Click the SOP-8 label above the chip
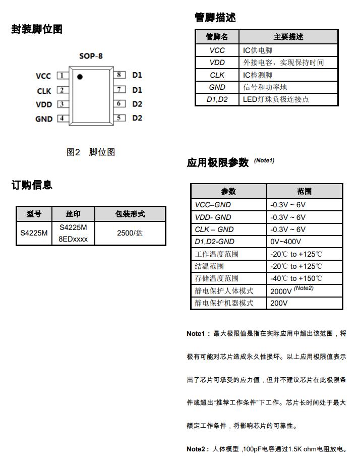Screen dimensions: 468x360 coord(91,56)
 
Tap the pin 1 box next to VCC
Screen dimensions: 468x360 coord(63,76)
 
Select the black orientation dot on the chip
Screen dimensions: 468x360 coord(80,77)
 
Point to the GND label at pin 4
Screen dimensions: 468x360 coord(44,119)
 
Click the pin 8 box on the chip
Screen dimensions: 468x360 coord(119,75)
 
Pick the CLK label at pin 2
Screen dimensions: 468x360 coord(44,91)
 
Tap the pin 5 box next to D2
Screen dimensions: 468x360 coord(119,118)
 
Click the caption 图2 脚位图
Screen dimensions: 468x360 coord(91,152)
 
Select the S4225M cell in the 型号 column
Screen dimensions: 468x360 coord(34,233)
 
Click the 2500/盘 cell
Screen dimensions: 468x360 coord(130,233)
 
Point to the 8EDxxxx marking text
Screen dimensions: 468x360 coord(73,239)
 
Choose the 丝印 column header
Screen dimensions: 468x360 coord(73,214)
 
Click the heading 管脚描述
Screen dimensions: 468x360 coord(215,18)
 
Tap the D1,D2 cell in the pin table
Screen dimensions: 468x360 coord(217,99)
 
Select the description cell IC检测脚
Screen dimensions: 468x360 coord(258,75)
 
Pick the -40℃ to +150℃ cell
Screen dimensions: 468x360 coord(296,278)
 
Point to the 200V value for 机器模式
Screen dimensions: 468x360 coord(279,303)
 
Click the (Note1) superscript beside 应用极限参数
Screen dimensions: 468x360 coord(264,160)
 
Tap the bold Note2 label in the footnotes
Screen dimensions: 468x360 coord(196,449)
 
